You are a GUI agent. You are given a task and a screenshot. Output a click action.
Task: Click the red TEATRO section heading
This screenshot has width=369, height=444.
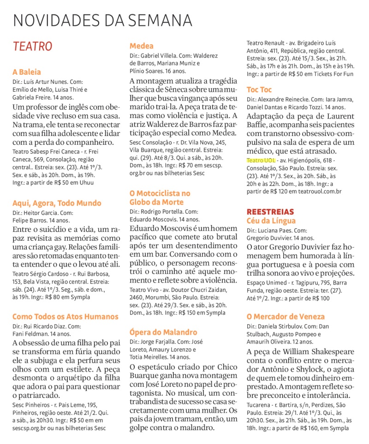(x=32, y=47)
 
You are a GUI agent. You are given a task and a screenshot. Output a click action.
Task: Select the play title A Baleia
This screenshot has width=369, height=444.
(x=27, y=72)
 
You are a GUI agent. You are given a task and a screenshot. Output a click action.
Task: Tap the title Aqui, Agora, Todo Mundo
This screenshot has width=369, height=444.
(x=57, y=203)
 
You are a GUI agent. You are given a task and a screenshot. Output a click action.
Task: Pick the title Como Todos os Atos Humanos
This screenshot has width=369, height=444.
(x=65, y=317)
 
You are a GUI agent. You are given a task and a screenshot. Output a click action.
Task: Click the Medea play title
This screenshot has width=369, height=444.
(x=142, y=46)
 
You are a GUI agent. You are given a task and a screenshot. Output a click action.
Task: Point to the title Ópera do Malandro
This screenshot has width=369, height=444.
(x=163, y=332)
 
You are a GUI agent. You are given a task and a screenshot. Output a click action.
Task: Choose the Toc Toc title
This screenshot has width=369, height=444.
(x=259, y=89)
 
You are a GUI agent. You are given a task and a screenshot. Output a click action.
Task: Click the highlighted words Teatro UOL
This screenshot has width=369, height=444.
(x=261, y=160)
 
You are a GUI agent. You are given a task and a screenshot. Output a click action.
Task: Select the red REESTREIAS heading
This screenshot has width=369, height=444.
(x=270, y=212)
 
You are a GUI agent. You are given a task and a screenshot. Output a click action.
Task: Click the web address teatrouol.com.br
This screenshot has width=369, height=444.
(x=320, y=191)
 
